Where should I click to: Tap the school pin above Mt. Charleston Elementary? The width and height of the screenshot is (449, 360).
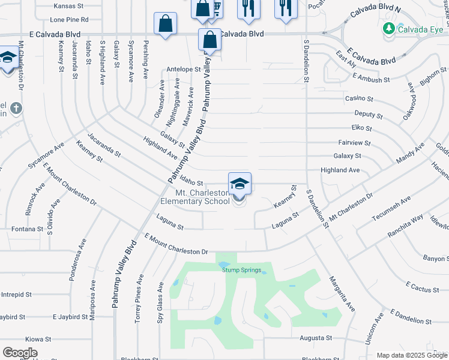(x=240, y=183)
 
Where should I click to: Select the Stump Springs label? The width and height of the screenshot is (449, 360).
(x=242, y=270)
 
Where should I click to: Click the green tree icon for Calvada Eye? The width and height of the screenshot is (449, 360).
(x=389, y=28)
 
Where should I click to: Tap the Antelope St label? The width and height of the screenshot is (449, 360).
(x=183, y=69)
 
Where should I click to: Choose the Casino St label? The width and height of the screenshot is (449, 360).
(x=359, y=98)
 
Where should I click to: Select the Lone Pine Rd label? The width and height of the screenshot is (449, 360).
(x=71, y=20)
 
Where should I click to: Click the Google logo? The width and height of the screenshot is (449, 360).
(x=20, y=352)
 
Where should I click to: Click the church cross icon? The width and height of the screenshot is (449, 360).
(x=16, y=108)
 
